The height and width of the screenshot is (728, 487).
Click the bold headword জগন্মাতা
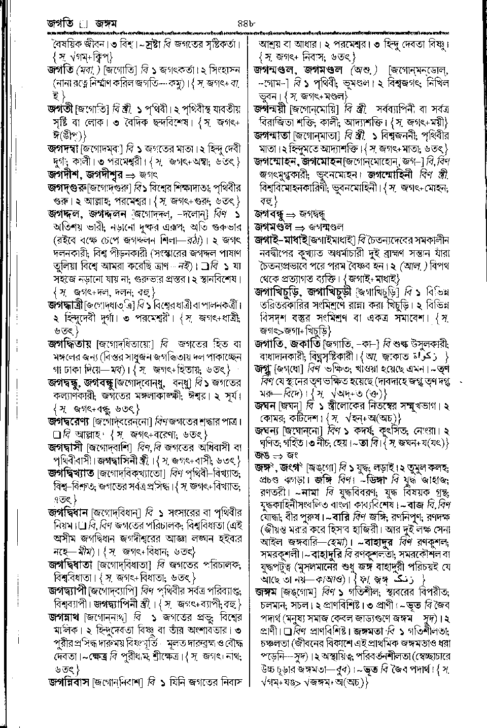click(275, 136)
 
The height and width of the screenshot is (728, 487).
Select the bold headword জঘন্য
click(267, 431)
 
